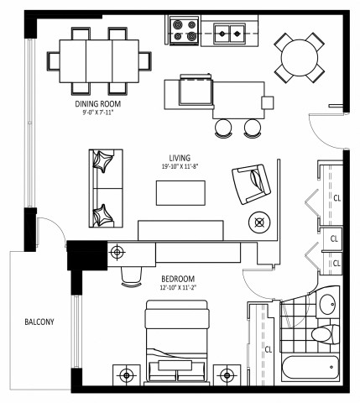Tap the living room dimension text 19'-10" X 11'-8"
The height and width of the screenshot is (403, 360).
click(x=180, y=166)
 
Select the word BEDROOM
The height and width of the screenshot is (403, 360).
click(x=178, y=278)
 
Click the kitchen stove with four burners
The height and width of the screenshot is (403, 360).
click(x=184, y=31)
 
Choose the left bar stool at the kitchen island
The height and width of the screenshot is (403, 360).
click(x=224, y=127)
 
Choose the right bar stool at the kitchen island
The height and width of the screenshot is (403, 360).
click(x=251, y=127)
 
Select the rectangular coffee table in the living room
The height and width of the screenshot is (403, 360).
click(x=180, y=192)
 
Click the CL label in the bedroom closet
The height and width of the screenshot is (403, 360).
click(x=269, y=348)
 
